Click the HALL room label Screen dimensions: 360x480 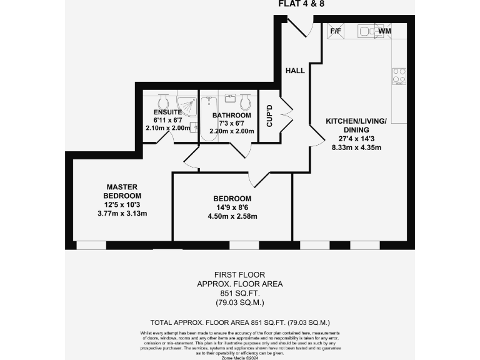[295, 71]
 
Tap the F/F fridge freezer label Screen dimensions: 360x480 [335, 31]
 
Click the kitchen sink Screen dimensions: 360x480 [365, 31]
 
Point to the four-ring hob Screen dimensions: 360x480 [399, 76]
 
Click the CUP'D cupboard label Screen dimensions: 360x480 [269, 116]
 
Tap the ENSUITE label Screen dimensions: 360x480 [168, 112]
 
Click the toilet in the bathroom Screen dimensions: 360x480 [246, 102]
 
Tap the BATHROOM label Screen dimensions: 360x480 [231, 116]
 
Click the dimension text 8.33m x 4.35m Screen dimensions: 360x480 [356, 148]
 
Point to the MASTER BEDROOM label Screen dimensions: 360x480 [121, 191]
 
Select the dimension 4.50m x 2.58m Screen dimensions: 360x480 [232, 217]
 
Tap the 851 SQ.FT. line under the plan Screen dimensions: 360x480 [239, 293]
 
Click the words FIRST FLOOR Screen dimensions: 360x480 [239, 274]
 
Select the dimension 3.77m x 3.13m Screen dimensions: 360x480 [122, 214]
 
